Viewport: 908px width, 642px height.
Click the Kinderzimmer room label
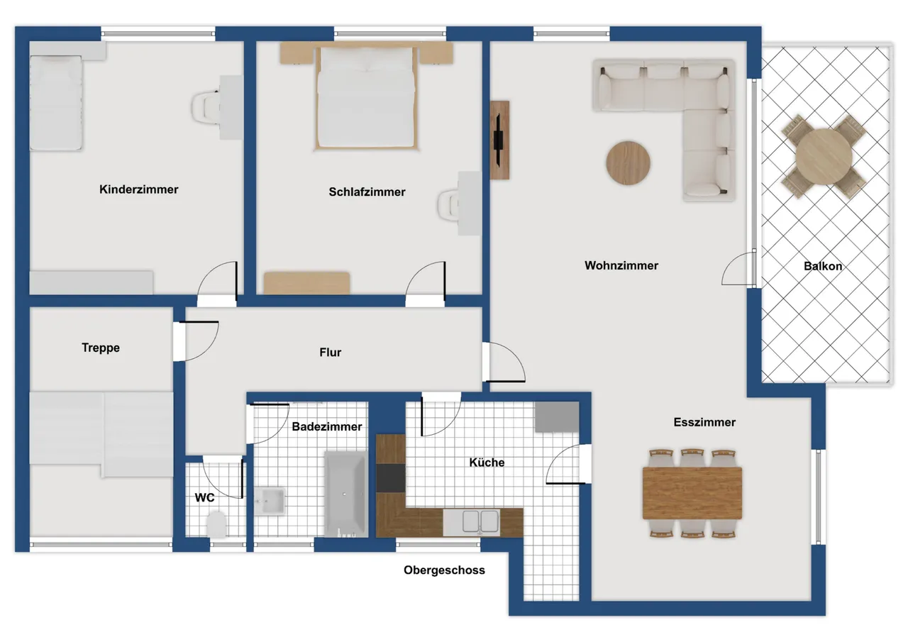pos(138,189)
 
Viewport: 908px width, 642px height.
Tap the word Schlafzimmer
pos(367,192)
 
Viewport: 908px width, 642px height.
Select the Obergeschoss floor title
pos(444,570)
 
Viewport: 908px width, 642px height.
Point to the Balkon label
pos(823,266)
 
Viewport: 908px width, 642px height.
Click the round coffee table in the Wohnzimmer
pos(629,163)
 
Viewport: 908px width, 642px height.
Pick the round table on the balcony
pos(824,157)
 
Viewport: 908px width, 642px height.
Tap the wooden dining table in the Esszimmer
pos(692,493)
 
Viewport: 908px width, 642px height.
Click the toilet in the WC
pos(216,524)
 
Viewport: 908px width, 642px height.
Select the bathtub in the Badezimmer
pos(345,494)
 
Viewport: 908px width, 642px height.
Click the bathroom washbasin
pos(270,502)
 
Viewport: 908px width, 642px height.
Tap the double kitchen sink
pos(480,521)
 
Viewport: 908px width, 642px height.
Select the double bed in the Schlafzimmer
pos(367,98)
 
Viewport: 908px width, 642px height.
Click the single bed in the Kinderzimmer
pos(56,103)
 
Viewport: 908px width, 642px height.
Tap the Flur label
pos(330,352)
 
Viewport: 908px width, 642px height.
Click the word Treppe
pos(101,348)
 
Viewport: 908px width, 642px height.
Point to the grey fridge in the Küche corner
pos(557,416)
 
